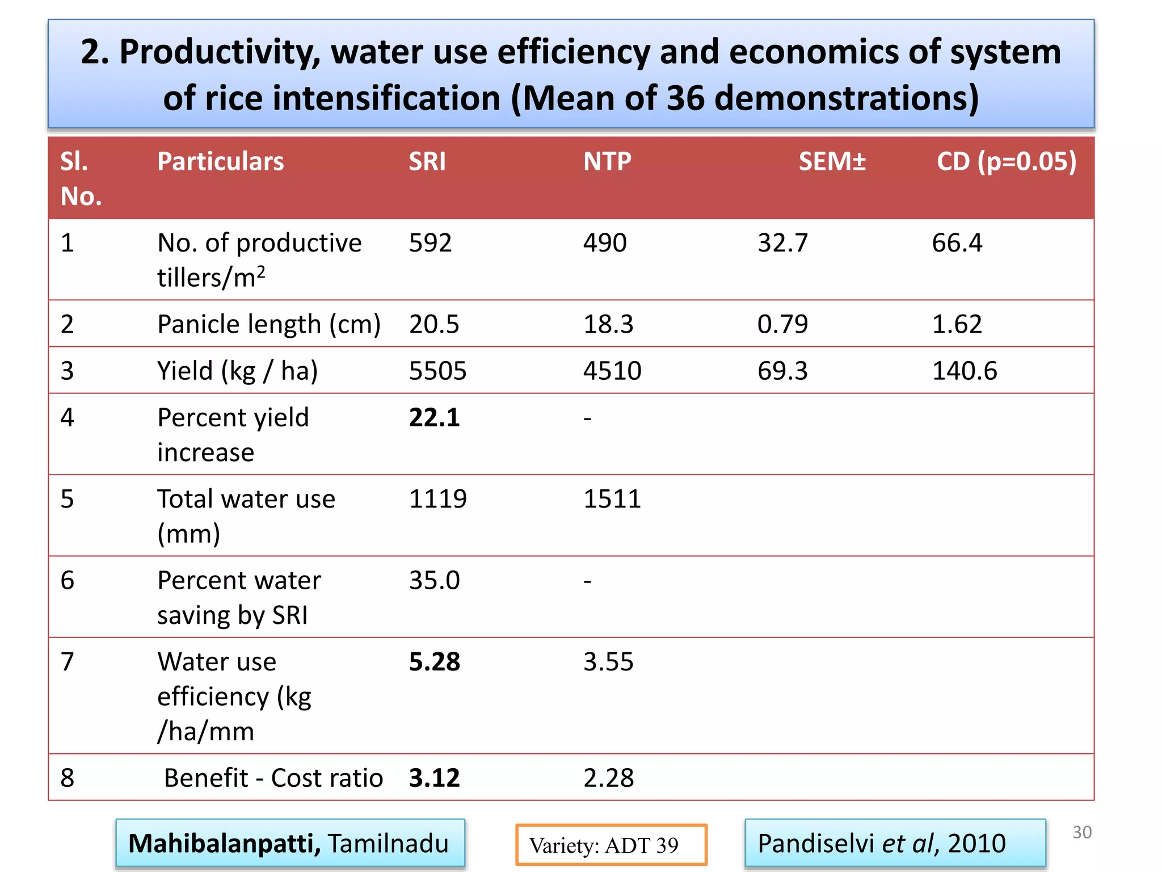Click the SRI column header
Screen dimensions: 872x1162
(x=427, y=162)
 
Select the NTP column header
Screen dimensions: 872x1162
(x=607, y=162)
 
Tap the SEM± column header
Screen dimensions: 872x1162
(x=832, y=162)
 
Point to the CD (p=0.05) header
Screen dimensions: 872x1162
(x=1006, y=162)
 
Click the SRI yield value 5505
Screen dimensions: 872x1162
(x=437, y=371)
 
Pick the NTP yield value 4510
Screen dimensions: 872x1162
(x=612, y=371)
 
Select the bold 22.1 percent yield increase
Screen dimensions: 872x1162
(x=434, y=418)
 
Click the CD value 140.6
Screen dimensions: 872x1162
(x=964, y=371)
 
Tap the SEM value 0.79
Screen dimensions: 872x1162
(x=782, y=324)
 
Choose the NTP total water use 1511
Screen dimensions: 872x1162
(x=612, y=499)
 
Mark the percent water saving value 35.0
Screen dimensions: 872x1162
(x=434, y=580)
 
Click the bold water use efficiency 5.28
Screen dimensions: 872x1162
(x=434, y=662)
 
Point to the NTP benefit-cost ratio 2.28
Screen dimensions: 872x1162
(x=608, y=778)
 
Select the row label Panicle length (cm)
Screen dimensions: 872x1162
(x=269, y=324)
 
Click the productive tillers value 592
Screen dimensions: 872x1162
(x=430, y=243)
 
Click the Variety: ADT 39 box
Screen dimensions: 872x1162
(x=611, y=845)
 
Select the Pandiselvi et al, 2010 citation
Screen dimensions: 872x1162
(x=881, y=843)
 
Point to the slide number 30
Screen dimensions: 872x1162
(x=1081, y=832)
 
